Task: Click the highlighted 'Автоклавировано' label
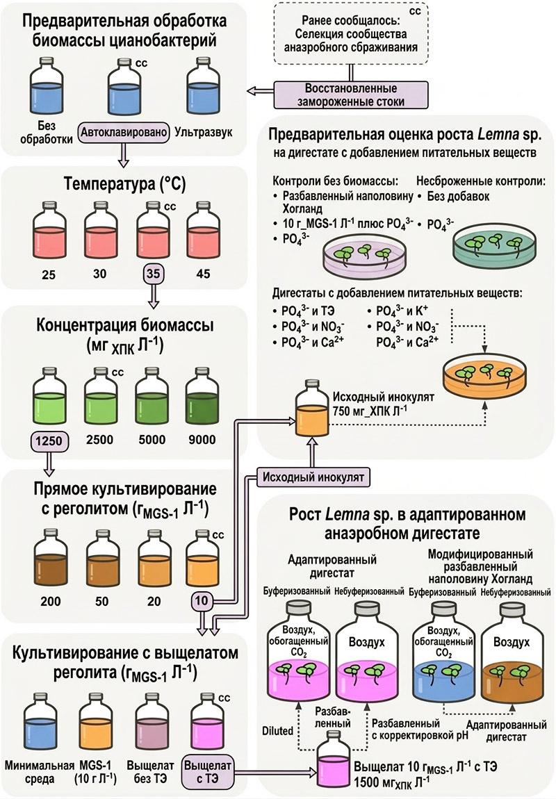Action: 124,133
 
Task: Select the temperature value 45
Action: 203,274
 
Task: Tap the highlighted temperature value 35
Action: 153,274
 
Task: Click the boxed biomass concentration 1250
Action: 49,440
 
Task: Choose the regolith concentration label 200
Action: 51,602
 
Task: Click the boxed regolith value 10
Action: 202,601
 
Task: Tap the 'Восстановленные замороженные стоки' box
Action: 350,94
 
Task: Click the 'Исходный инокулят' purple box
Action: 313,477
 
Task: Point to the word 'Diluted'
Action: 278,731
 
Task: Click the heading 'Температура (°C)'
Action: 125,183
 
